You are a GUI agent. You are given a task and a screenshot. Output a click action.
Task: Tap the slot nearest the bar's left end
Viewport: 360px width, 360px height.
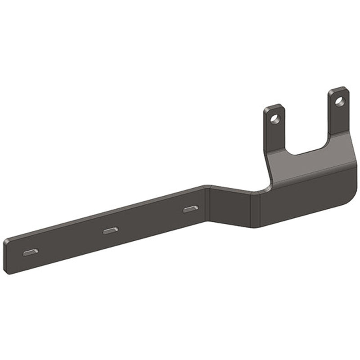coord(31,252)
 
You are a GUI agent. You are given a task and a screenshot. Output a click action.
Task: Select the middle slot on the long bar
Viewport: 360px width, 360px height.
coord(111,230)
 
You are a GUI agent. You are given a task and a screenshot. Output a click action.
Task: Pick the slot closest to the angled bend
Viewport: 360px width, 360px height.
coord(190,209)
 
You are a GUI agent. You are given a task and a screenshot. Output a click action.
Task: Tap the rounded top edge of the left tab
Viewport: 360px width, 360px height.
coord(274,106)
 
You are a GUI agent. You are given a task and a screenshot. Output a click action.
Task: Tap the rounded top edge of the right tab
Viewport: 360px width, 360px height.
coord(338,88)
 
